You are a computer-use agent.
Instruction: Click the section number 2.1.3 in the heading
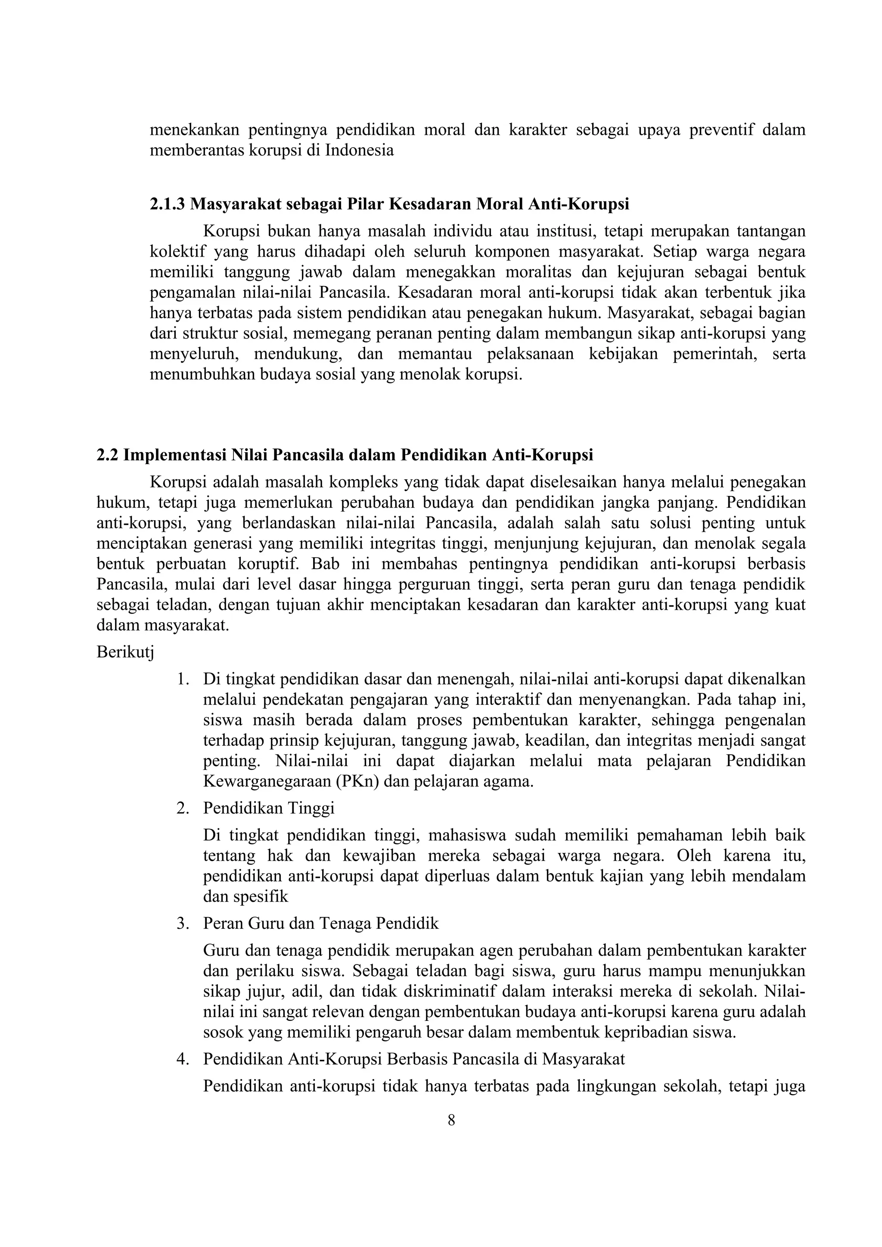(x=167, y=204)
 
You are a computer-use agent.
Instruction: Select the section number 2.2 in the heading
(x=108, y=455)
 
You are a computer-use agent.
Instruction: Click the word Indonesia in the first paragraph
(x=359, y=150)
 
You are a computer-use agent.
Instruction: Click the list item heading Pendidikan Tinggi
(x=268, y=808)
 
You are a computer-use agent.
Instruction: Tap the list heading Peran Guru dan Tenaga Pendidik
(x=320, y=923)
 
